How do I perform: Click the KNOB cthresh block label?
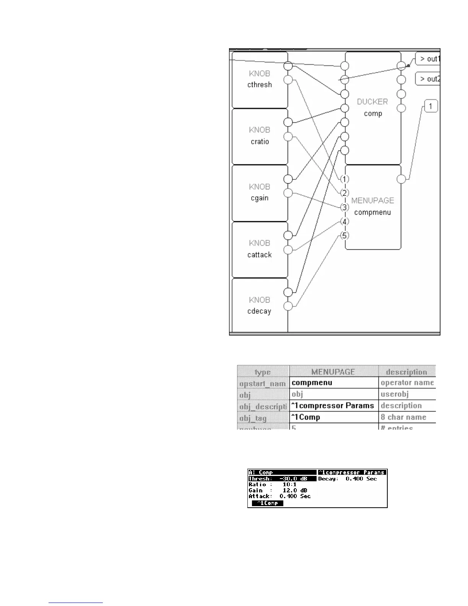(260, 79)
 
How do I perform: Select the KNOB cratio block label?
(260, 136)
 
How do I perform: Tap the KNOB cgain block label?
(260, 192)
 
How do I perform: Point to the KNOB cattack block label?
(260, 249)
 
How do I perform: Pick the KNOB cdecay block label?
(260, 306)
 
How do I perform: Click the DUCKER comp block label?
(372, 108)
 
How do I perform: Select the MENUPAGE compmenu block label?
(372, 206)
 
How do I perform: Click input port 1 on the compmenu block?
(344, 179)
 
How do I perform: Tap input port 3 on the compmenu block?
(344, 207)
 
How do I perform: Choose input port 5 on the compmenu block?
(344, 236)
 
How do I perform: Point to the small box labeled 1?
(431, 106)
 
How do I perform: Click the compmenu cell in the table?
(334, 383)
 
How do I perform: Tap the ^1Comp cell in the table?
(334, 417)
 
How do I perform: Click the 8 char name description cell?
(407, 417)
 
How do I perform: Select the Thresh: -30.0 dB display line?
(282, 479)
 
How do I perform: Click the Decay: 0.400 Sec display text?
(348, 479)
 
